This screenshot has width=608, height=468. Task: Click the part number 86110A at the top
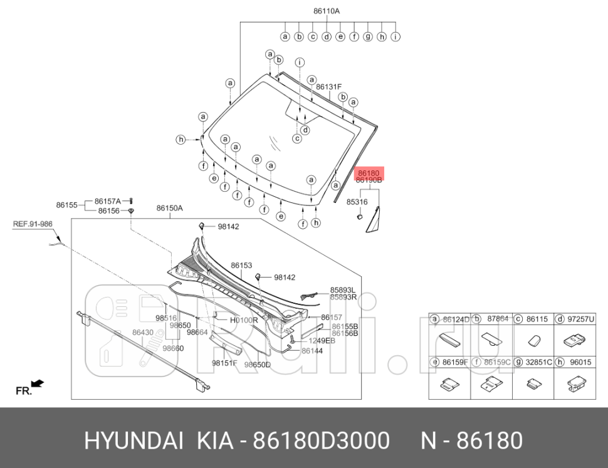(327, 11)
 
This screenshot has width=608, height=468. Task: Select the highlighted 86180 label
(368, 172)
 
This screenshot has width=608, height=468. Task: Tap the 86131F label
(328, 87)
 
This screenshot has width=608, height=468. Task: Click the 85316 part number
(357, 202)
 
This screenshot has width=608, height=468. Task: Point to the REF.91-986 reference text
(33, 223)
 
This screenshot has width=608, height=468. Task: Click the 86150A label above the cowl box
(169, 208)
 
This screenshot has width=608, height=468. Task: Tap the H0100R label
(244, 320)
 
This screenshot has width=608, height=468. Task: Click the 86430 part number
(143, 332)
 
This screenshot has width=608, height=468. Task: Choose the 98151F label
(224, 363)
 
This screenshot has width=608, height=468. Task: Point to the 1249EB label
(322, 340)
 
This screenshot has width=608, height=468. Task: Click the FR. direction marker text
(23, 391)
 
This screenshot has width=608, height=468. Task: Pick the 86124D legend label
(456, 320)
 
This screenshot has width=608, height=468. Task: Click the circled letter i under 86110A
(396, 36)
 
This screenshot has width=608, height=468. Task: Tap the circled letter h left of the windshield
(181, 139)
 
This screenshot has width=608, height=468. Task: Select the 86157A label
(108, 201)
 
